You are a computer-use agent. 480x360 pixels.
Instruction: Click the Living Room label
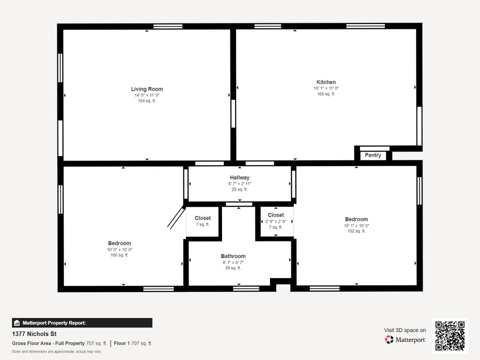[x=147, y=89]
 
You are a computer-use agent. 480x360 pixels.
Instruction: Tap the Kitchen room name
[x=326, y=82]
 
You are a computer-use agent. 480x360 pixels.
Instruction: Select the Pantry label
[x=373, y=155]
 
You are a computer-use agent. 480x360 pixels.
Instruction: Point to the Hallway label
[x=240, y=178]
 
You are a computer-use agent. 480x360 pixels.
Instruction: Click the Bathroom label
[x=233, y=256]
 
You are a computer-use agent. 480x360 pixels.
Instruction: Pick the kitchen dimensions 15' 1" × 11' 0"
[x=326, y=88]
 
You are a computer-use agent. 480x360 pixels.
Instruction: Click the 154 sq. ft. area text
[x=147, y=101]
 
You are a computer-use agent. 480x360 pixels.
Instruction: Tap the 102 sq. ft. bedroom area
[x=356, y=231]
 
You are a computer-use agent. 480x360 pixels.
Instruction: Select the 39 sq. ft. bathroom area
[x=233, y=268]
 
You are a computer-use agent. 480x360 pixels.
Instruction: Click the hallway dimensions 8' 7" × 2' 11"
[x=240, y=184]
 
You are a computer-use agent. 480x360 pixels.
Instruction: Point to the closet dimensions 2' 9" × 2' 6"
[x=276, y=222]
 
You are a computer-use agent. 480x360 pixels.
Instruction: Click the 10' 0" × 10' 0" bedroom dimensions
[x=119, y=250]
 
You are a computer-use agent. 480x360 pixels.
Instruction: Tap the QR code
[x=450, y=336]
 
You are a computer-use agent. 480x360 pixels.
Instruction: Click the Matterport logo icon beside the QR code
[x=389, y=340]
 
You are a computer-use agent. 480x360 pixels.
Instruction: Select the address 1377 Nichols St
[x=34, y=334]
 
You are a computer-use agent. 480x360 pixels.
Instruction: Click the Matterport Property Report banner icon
[x=17, y=323]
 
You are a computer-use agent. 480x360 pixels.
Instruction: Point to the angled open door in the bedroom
[x=176, y=217]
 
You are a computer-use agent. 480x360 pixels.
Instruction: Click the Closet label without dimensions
[x=203, y=218]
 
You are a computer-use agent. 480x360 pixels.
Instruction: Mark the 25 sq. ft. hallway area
[x=240, y=190]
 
